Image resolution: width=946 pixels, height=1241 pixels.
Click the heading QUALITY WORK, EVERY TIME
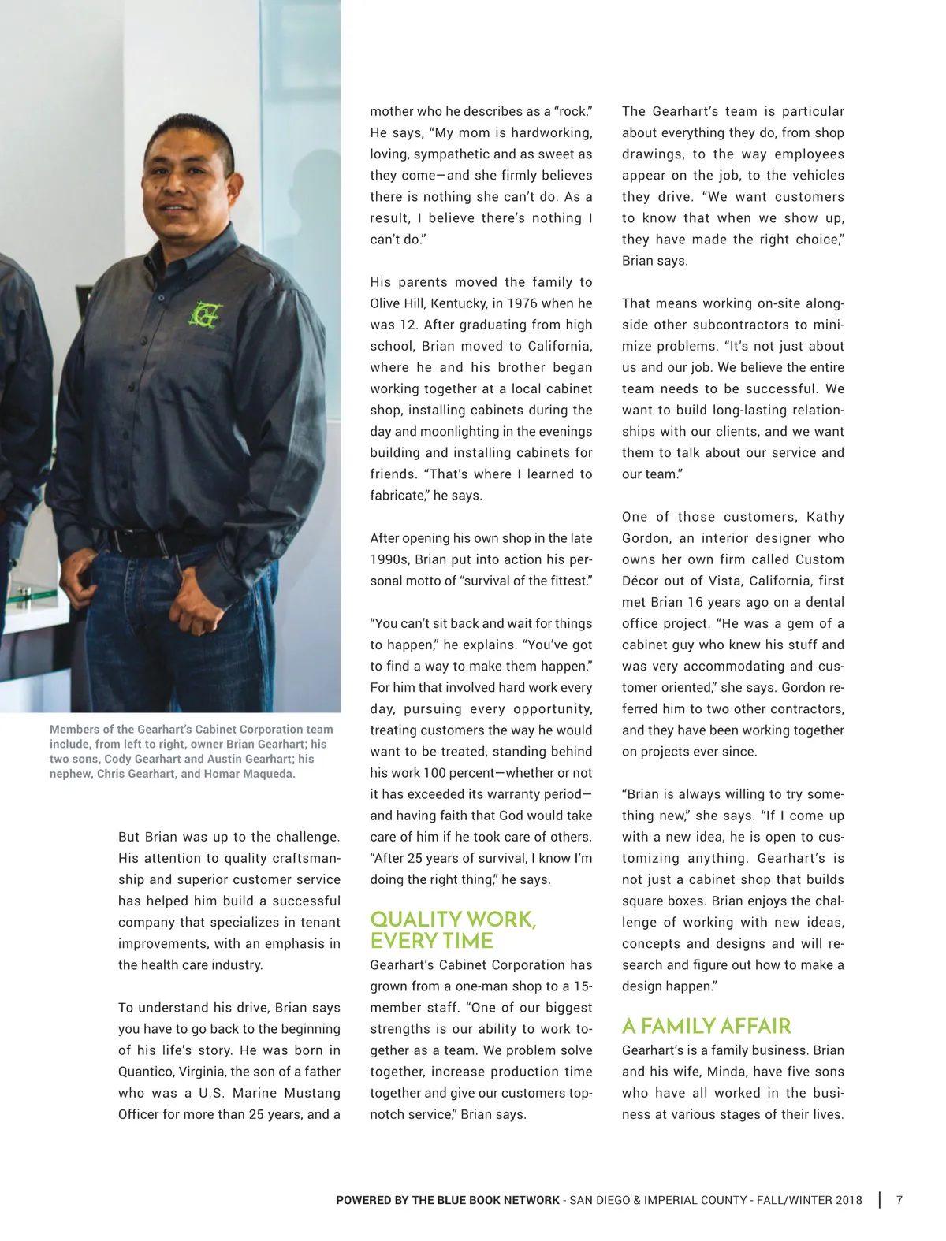[x=453, y=930]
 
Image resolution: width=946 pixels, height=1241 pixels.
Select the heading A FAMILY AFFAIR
[x=706, y=1025]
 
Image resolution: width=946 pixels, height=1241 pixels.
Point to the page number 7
[x=899, y=1200]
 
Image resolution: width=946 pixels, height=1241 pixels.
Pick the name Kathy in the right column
[x=825, y=517]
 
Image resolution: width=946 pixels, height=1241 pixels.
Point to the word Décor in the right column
[x=641, y=581]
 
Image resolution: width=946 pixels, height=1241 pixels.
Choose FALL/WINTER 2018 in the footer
[x=809, y=1200]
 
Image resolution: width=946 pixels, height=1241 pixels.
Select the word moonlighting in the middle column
[x=461, y=431]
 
